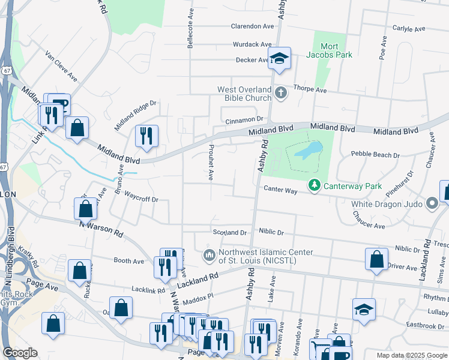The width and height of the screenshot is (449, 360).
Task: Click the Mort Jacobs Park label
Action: coord(337,50)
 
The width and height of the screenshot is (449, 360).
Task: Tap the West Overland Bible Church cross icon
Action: coord(282,93)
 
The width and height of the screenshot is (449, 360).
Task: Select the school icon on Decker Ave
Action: coord(279,59)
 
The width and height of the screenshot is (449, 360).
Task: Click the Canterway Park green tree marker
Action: coord(313,186)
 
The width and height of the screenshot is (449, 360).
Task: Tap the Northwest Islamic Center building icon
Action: coord(209,256)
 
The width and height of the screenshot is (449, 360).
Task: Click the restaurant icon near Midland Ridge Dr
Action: coord(146,136)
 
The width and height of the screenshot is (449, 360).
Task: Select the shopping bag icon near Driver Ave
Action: coord(376,259)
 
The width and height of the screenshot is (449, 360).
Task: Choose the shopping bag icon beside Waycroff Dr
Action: coord(86,209)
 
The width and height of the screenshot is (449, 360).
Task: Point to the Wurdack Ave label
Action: coord(253,44)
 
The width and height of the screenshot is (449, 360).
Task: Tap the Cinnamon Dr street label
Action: coord(245,121)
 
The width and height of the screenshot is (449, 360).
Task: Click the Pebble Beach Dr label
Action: coord(375,155)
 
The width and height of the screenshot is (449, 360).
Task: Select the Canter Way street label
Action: coord(280,190)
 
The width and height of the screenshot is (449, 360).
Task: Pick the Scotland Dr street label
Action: coord(230,232)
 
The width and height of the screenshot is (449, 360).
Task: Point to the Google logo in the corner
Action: coord(20,353)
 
